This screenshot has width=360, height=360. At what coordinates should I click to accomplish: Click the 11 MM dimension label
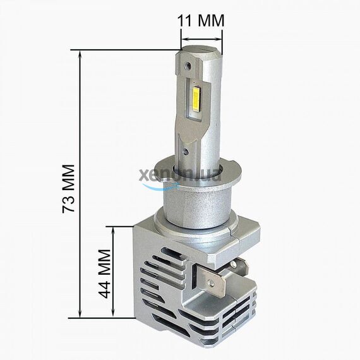pyautogui.click(x=201, y=20)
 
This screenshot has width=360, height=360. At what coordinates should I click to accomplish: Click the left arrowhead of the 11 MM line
pyautogui.click(x=184, y=44)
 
